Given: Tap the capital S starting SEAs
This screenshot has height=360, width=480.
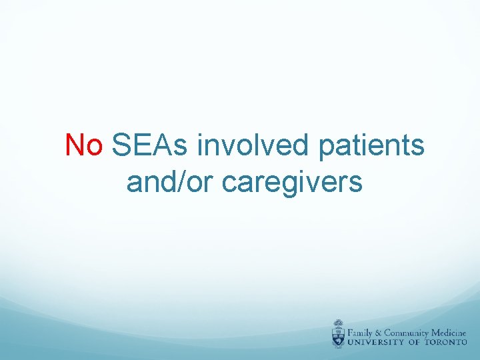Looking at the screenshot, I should [x=122, y=145].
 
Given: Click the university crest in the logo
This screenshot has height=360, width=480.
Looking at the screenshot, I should [x=339, y=334].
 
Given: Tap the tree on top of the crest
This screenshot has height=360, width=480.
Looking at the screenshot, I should [x=339, y=325].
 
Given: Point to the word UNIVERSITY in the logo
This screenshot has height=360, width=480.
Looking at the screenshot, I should [x=379, y=342].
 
